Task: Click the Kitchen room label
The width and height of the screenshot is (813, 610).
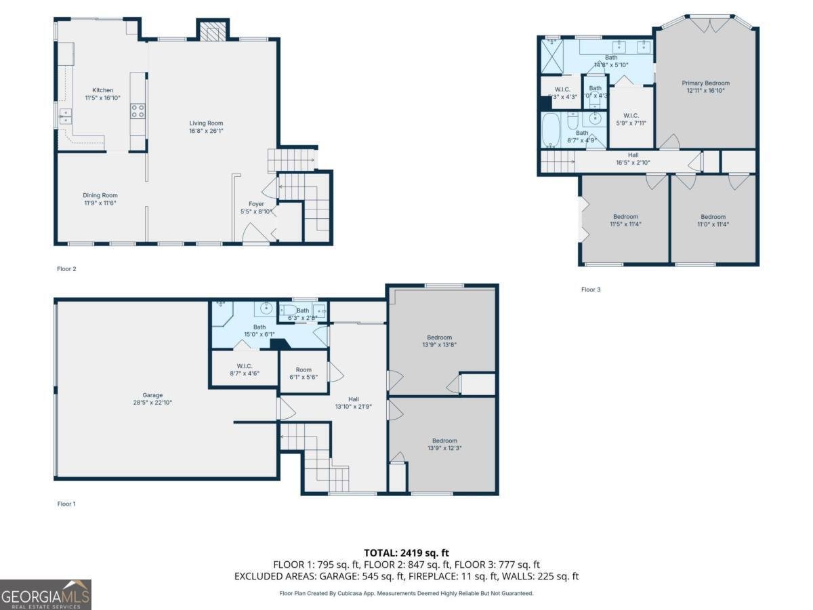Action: tap(103, 90)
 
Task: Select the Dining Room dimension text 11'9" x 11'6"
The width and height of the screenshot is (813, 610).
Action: tap(100, 203)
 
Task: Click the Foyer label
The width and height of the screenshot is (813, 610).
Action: tap(256, 203)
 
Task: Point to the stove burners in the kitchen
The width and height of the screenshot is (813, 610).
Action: tap(138, 111)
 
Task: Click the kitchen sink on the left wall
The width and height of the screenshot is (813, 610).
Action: tap(65, 117)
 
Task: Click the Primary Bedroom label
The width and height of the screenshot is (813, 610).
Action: tap(705, 83)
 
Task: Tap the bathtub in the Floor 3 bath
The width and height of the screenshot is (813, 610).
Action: tap(551, 129)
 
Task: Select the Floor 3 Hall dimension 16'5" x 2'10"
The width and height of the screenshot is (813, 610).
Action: tap(633, 163)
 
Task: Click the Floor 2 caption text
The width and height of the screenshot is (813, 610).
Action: tap(66, 269)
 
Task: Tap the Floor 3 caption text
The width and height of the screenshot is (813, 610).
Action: tap(591, 289)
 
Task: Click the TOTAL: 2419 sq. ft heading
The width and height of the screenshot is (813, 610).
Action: tap(406, 553)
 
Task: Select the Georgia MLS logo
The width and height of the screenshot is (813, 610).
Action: tap(45, 594)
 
